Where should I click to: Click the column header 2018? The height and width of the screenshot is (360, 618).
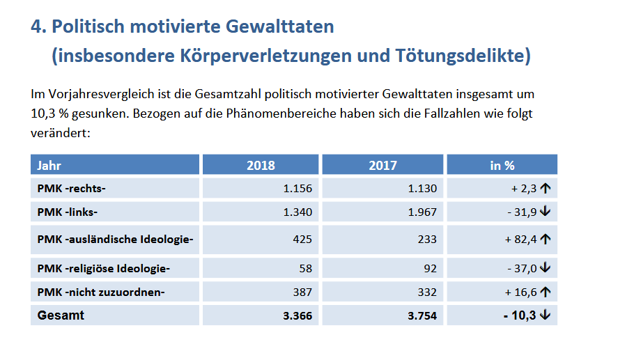[261, 166]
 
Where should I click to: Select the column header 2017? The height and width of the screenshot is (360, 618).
[383, 166]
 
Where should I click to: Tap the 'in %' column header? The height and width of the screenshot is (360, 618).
[502, 166]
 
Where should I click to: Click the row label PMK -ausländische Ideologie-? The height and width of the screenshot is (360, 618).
[115, 240]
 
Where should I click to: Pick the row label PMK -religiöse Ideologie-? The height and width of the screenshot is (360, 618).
[103, 268]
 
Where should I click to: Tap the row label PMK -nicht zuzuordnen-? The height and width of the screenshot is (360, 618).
[100, 292]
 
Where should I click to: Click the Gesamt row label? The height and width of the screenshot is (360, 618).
[61, 315]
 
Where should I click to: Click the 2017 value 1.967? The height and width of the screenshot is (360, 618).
[422, 212]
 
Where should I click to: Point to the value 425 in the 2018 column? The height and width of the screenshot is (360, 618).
[303, 240]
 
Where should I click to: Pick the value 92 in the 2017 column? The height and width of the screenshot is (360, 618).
[429, 268]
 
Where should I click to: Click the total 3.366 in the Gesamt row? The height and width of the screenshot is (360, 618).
[298, 316]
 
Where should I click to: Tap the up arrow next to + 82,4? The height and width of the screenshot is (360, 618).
[546, 240]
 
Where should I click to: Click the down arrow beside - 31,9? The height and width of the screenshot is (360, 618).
[546, 212]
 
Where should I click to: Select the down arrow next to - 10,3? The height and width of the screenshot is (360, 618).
[546, 315]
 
